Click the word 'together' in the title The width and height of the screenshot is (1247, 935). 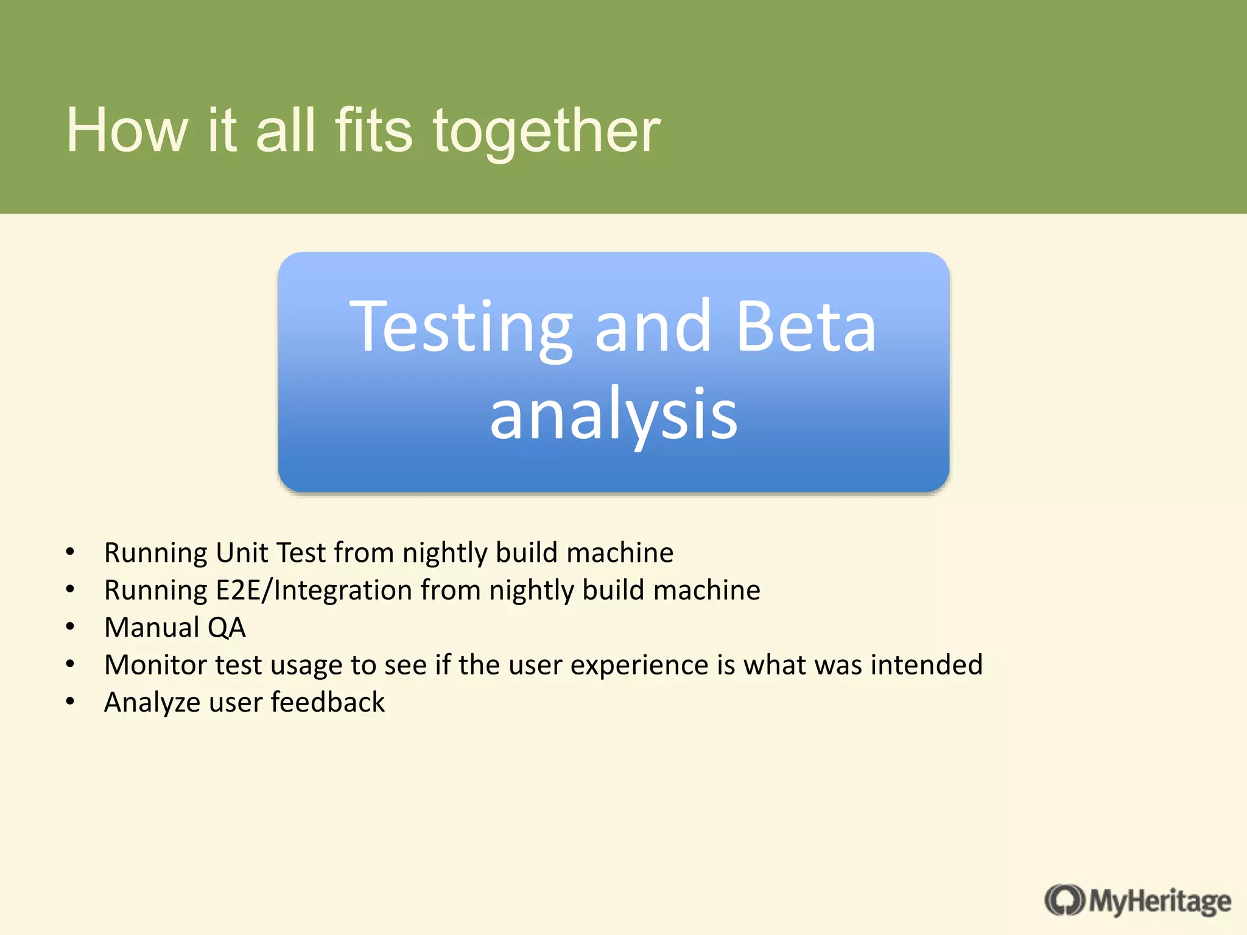point(546,131)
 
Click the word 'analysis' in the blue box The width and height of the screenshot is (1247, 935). point(613,416)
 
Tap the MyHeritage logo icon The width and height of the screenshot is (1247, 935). point(1064,900)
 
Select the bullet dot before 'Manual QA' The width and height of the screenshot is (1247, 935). point(70,627)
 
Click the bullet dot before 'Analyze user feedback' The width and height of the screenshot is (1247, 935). point(70,702)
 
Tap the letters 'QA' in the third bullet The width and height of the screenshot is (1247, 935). point(227,628)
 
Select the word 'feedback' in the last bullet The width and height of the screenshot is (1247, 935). point(328,702)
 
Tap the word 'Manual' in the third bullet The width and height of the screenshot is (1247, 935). point(152,628)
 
